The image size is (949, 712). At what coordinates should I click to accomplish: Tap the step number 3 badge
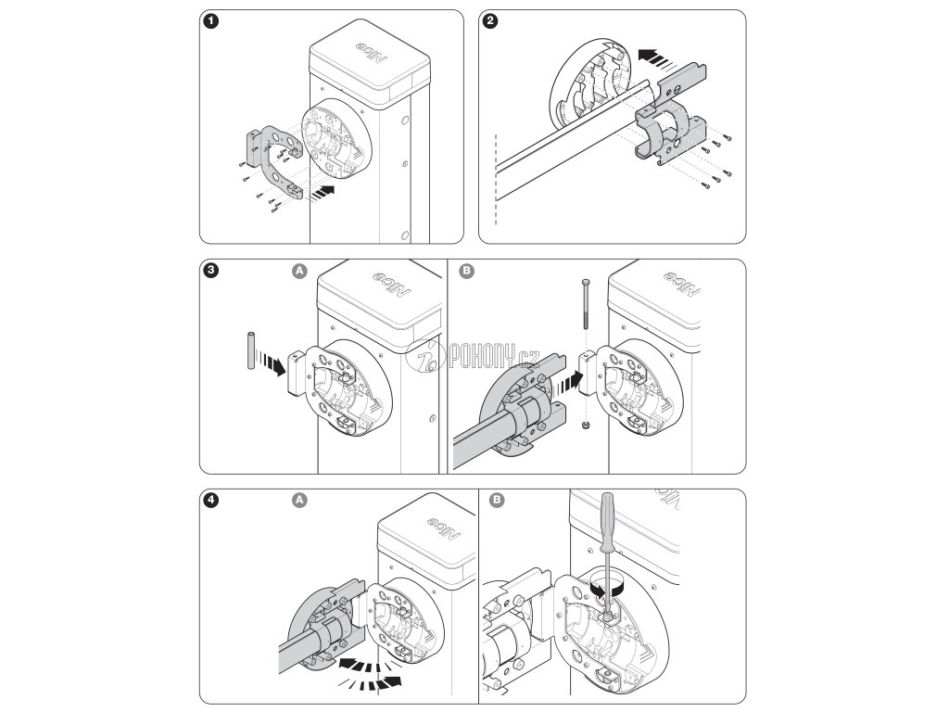(213, 272)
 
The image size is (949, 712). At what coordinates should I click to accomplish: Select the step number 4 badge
(213, 501)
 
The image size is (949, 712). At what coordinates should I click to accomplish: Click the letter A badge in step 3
(298, 272)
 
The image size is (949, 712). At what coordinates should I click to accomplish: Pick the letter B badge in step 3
(466, 272)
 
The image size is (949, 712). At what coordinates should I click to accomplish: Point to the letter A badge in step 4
(298, 501)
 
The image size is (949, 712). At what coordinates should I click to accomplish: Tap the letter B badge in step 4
(497, 501)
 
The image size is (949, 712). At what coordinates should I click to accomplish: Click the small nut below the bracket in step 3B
(585, 426)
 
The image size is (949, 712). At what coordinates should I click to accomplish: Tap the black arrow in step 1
(322, 192)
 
